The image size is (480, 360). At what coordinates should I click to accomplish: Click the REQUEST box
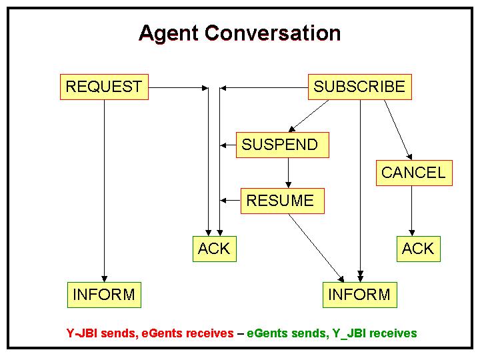tap(104, 87)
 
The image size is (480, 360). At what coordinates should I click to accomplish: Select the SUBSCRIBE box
tap(360, 87)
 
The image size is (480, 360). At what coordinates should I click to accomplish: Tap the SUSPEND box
tap(283, 145)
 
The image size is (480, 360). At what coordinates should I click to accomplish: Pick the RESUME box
tap(283, 201)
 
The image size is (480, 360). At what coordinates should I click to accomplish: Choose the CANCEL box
tap(414, 173)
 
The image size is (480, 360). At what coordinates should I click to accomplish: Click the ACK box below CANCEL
tap(419, 249)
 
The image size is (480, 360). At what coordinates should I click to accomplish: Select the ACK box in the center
tap(215, 249)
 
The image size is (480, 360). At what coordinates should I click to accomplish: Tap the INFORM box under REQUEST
tap(105, 295)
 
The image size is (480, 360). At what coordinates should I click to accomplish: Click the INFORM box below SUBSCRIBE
tap(360, 295)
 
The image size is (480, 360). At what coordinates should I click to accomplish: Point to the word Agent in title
tap(169, 34)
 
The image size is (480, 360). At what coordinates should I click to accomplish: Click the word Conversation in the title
tap(273, 33)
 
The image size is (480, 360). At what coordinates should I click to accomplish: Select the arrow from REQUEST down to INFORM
tap(105, 191)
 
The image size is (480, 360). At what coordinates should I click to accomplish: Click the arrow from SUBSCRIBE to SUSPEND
tap(309, 116)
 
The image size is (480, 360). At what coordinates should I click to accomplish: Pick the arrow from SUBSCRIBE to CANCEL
tap(398, 130)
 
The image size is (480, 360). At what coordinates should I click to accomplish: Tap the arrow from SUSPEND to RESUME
tap(289, 173)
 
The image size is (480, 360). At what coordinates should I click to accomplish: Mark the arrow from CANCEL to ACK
tap(412, 211)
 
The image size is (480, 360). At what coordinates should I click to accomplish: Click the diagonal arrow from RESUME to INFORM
tap(317, 248)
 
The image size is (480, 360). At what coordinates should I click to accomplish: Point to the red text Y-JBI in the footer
tap(82, 333)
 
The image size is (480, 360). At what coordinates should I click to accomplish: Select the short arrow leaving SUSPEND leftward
tap(228, 145)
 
